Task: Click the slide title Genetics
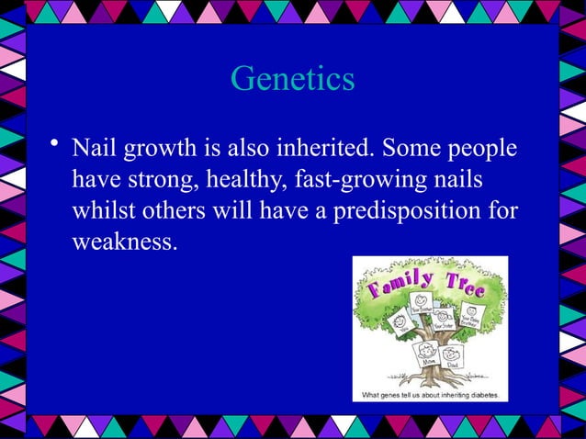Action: (292, 79)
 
